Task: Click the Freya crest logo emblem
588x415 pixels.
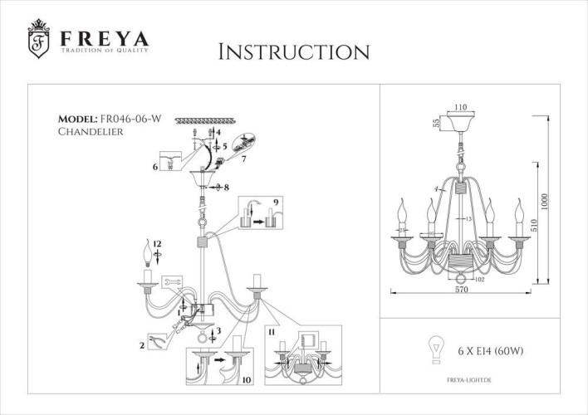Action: (x=38, y=41)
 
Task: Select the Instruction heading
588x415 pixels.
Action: (x=293, y=51)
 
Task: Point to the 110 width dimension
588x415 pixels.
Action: (x=462, y=107)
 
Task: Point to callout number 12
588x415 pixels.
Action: (x=157, y=243)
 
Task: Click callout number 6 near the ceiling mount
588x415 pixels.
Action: (x=154, y=166)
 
